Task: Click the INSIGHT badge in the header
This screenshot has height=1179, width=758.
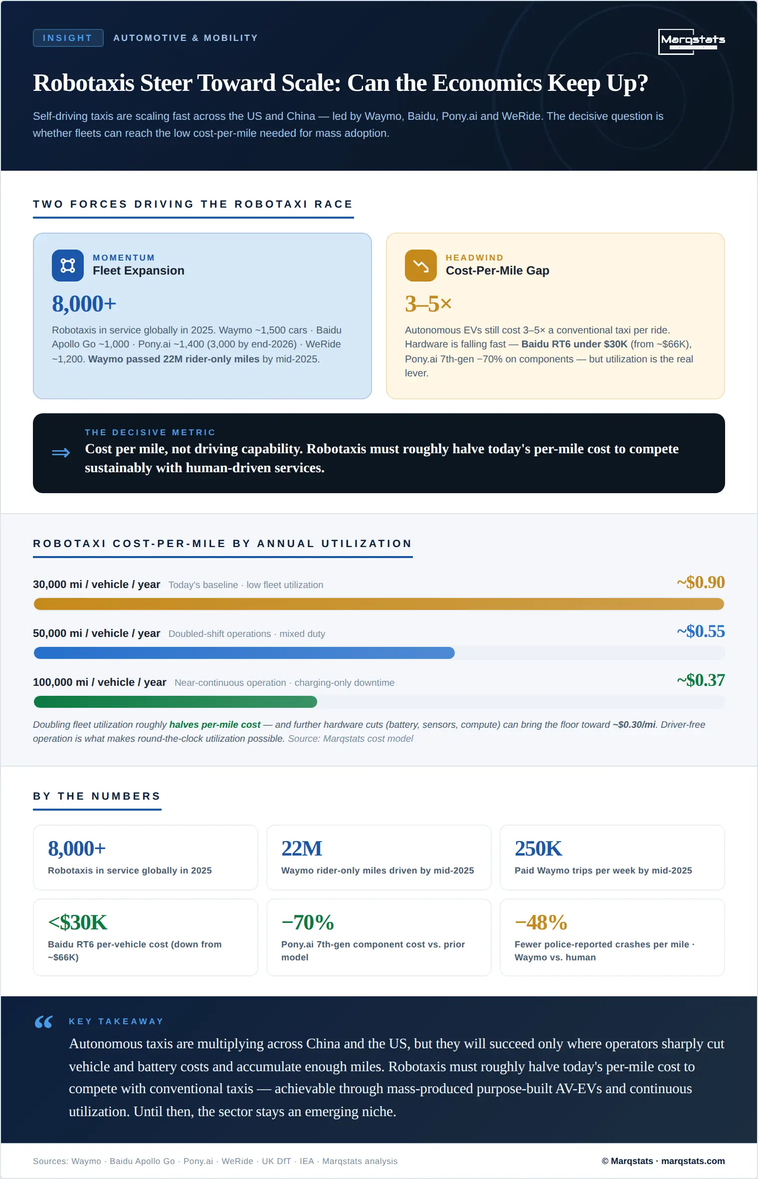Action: tap(68, 38)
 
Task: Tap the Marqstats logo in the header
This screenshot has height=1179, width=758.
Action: tap(692, 41)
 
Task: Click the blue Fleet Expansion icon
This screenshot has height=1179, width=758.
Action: tap(68, 266)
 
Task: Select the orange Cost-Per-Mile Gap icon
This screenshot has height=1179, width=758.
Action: tap(421, 266)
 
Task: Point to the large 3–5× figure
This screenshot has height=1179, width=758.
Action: tap(428, 303)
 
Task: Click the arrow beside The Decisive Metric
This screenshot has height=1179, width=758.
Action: tap(61, 453)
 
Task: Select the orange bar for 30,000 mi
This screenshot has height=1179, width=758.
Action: tap(379, 604)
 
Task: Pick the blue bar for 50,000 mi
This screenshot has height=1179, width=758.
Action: tap(244, 653)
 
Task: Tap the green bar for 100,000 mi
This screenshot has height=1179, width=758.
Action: tap(176, 702)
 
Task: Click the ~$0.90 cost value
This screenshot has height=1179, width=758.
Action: tap(701, 583)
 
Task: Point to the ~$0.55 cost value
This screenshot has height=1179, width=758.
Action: tap(701, 631)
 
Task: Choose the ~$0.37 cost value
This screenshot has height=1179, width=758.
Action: tap(701, 680)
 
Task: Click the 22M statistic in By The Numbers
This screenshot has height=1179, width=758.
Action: tap(302, 849)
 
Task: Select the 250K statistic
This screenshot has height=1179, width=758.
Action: tap(538, 849)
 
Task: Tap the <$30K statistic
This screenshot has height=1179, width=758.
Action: tap(78, 922)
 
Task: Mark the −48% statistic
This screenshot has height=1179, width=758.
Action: tap(541, 922)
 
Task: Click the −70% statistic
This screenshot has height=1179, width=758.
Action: tap(308, 922)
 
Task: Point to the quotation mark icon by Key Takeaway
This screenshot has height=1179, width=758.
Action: tap(44, 1022)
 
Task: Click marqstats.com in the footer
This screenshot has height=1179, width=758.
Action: tap(693, 1161)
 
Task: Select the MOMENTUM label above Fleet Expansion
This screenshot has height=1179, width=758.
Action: tap(124, 258)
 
